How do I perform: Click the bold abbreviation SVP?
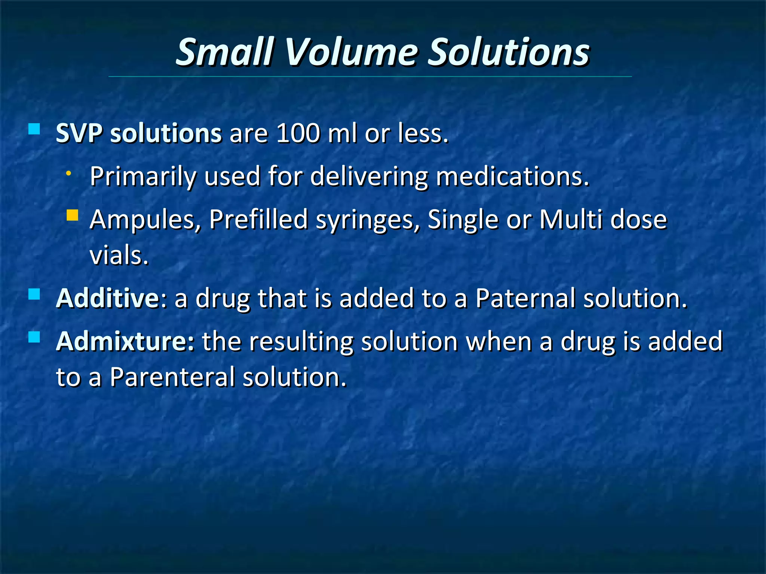(x=79, y=133)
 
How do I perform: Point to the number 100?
(x=298, y=133)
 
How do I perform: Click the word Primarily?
(x=143, y=176)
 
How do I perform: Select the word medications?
(x=512, y=176)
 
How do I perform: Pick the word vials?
(x=119, y=256)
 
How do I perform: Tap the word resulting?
(x=301, y=342)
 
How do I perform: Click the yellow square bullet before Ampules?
(x=72, y=215)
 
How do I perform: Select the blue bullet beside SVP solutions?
(x=34, y=129)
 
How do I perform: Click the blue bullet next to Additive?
(x=34, y=294)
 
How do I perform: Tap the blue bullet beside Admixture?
(x=34, y=337)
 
